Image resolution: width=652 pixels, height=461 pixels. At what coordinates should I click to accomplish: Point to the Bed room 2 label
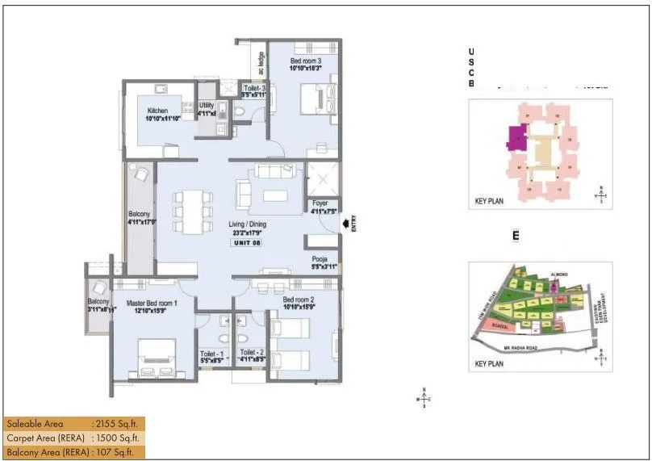[x=298, y=300]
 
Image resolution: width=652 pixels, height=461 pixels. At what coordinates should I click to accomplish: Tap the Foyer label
[x=321, y=205]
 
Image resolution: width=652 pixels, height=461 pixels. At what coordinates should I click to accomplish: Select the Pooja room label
[x=323, y=258]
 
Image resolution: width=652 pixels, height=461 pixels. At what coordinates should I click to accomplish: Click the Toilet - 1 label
[x=212, y=353]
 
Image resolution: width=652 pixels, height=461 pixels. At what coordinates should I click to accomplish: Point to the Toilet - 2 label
[x=253, y=353]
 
